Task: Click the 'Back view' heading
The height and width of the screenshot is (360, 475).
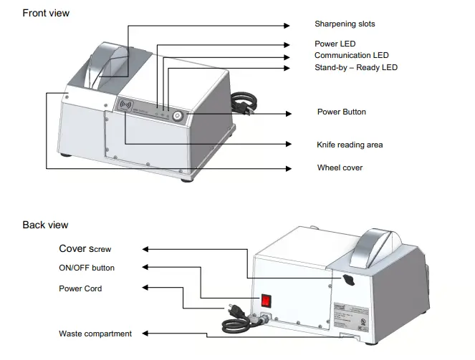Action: (x=45, y=225)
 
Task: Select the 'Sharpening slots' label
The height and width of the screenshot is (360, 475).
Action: (x=345, y=24)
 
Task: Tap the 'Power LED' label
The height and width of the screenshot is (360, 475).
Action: (x=335, y=44)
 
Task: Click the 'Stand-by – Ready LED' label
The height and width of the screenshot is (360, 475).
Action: (x=356, y=67)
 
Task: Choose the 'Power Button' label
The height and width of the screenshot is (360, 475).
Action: (x=341, y=112)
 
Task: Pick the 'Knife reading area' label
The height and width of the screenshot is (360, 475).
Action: (x=350, y=145)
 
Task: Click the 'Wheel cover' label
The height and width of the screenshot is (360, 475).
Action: (x=340, y=167)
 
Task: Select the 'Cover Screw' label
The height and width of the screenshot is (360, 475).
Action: (x=85, y=249)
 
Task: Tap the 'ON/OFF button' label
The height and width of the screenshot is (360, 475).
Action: (x=87, y=268)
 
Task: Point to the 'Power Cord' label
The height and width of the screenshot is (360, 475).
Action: (x=80, y=288)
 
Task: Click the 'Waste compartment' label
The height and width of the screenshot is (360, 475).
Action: (x=95, y=334)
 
